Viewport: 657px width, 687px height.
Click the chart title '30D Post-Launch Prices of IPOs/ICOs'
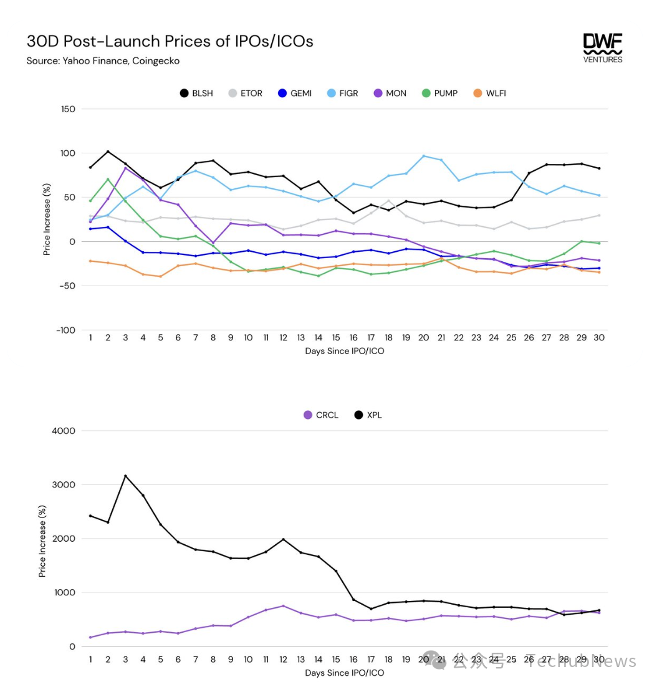170,41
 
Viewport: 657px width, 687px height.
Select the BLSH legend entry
196,94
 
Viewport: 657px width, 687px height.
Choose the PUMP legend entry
439,94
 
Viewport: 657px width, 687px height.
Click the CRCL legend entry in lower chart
320,415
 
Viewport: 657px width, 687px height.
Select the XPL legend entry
368,415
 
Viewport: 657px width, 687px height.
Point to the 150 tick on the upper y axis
67,109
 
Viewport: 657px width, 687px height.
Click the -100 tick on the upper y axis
65,330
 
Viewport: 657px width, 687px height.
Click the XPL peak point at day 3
125,476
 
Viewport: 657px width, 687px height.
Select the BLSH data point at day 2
108,151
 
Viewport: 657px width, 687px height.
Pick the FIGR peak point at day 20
424,156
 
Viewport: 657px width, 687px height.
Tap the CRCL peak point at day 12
283,606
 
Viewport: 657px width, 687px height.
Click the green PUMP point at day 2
108,180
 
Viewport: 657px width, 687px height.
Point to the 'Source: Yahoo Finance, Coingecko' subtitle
103,61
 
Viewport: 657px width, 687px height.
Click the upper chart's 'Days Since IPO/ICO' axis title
344,351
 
